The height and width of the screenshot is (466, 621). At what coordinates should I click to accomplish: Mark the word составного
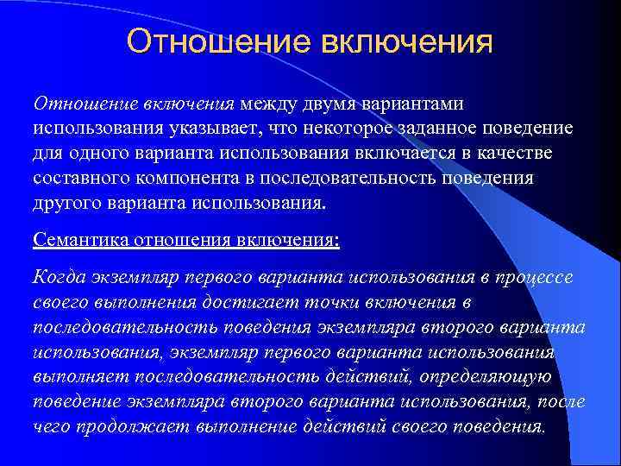point(78,179)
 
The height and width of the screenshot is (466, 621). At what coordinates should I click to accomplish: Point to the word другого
point(66,204)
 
